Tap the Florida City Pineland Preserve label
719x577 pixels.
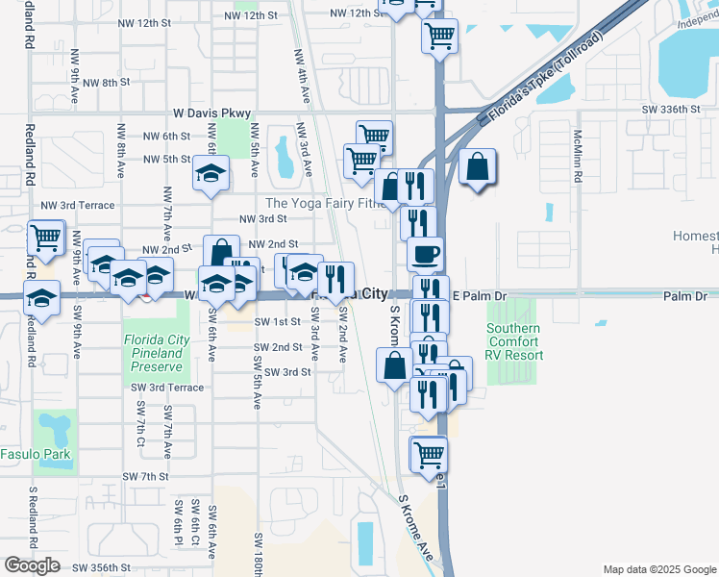coord(154,353)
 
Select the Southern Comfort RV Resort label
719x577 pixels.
coord(514,341)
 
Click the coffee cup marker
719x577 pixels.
coord(425,255)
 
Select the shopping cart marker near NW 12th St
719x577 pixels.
coord(439,37)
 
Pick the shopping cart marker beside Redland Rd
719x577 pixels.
coord(45,237)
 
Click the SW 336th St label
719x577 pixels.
coord(673,110)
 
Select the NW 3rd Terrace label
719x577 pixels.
coord(77,206)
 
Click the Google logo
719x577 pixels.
coord(32,565)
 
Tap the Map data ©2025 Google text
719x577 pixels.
coord(658,569)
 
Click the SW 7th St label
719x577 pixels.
coord(145,476)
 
